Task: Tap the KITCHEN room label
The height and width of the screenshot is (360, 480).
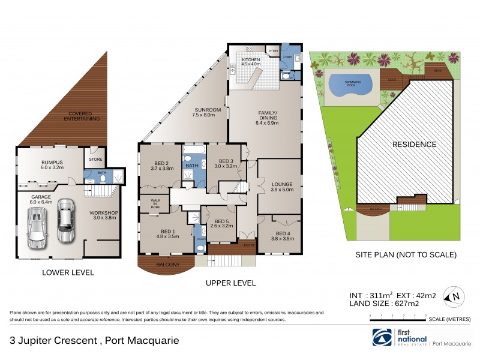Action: tap(251, 60)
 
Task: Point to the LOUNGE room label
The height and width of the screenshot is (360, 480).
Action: tap(281, 184)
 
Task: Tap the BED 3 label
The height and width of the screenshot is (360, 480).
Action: tap(226, 161)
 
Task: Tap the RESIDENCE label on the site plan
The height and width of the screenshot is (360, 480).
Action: tap(414, 145)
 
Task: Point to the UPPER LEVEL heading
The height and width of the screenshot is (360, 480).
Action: tap(230, 283)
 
